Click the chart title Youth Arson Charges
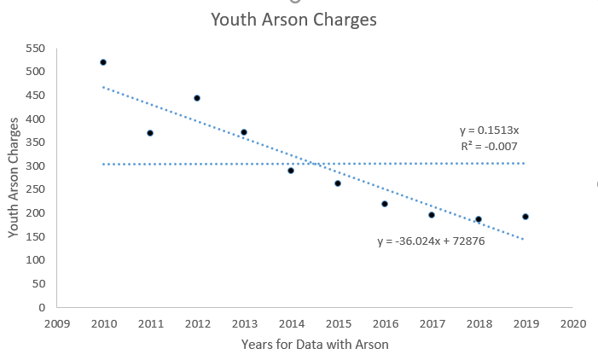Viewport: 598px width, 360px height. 293,19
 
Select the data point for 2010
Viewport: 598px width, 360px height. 103,62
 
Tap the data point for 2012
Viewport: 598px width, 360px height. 197,98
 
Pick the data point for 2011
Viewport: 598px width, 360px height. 150,133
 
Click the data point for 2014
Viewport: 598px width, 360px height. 291,171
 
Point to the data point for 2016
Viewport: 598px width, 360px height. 385,204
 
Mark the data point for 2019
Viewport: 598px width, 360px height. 525,217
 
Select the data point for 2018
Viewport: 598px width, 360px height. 479,219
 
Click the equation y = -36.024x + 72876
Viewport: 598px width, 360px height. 431,241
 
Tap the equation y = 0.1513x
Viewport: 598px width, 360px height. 489,131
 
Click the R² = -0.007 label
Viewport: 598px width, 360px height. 489,146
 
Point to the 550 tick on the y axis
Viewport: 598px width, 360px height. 34,48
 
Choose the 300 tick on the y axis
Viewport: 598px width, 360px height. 34,165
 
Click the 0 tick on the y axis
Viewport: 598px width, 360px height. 40,306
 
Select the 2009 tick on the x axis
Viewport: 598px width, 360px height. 56,324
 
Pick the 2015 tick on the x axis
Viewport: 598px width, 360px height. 338,324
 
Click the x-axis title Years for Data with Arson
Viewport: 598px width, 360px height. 315,345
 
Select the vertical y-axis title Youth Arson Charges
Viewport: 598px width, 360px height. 13,177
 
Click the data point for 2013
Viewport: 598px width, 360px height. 244,132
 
